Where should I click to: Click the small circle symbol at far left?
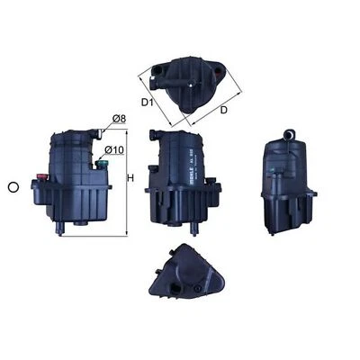pyautogui.click(x=13, y=187)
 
